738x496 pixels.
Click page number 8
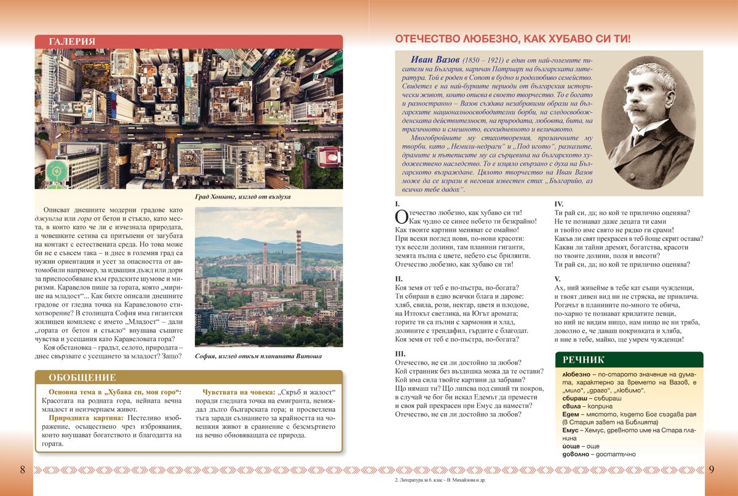coord(23,470)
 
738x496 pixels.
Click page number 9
coord(712,470)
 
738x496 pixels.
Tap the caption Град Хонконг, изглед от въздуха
coord(242,197)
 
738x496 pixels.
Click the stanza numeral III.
coord(400,353)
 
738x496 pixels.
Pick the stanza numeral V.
coord(558,278)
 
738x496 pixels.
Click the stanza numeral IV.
coord(559,203)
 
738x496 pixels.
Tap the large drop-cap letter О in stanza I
coord(401,216)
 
